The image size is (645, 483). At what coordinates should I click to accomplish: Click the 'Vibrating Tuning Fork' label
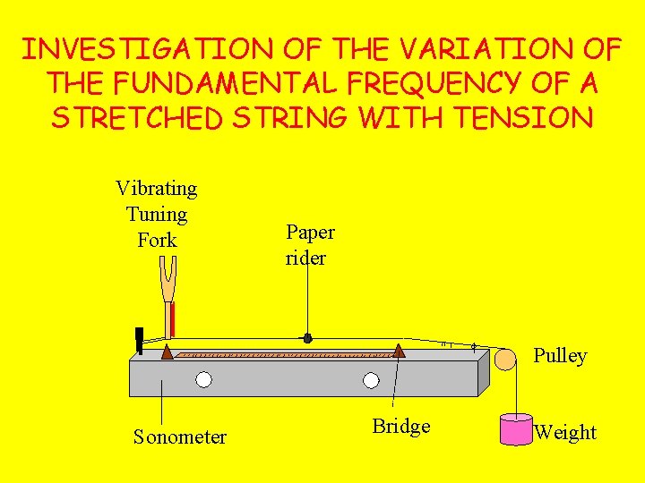pyautogui.click(x=157, y=214)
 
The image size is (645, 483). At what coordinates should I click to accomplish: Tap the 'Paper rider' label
pyautogui.click(x=310, y=245)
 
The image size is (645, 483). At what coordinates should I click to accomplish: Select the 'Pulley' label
pyautogui.click(x=560, y=356)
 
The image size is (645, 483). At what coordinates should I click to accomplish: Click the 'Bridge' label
pyautogui.click(x=400, y=427)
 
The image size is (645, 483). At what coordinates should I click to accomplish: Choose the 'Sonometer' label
pyautogui.click(x=179, y=437)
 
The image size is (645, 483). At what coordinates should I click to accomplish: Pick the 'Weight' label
pyautogui.click(x=565, y=433)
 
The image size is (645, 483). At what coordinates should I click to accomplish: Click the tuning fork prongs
pyautogui.click(x=168, y=278)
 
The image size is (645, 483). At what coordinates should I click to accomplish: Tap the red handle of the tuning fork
pyautogui.click(x=172, y=319)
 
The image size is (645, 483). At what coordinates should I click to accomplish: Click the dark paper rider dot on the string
pyautogui.click(x=307, y=339)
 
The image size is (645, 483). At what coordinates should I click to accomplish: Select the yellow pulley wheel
pyautogui.click(x=505, y=360)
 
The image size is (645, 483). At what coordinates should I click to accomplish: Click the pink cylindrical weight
pyautogui.click(x=516, y=429)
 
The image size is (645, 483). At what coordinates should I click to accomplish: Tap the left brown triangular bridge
pyautogui.click(x=167, y=352)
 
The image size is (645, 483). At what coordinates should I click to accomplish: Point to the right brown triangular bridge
pyautogui.click(x=399, y=352)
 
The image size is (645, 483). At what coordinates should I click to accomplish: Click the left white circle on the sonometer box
pyautogui.click(x=204, y=379)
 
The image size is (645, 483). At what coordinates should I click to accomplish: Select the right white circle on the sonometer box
pyautogui.click(x=371, y=380)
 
